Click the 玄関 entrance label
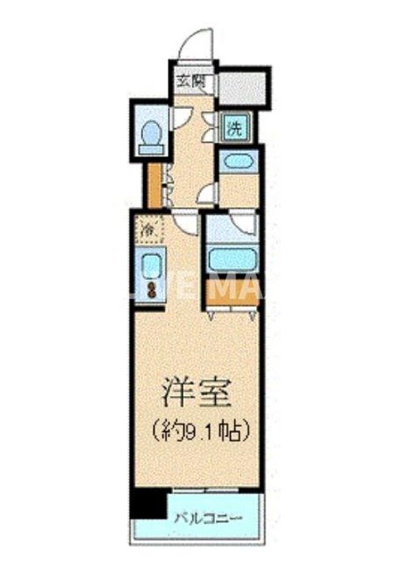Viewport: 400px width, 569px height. (187, 81)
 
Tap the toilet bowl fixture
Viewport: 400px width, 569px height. (149, 136)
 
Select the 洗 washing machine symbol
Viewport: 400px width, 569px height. (236, 127)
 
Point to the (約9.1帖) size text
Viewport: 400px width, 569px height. (200, 431)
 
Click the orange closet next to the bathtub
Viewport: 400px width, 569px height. (231, 293)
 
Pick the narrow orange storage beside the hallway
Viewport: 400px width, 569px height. (153, 183)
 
